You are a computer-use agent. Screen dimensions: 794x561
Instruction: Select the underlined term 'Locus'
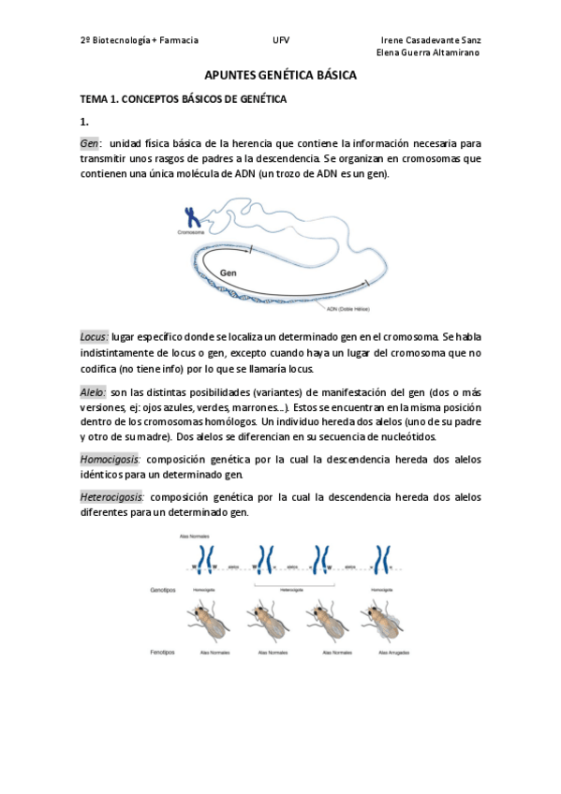click(x=94, y=336)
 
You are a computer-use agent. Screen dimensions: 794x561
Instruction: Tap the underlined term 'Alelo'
click(x=93, y=392)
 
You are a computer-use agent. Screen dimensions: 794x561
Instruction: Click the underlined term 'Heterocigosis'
click(x=112, y=497)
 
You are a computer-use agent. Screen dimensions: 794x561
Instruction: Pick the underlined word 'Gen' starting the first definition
click(x=90, y=143)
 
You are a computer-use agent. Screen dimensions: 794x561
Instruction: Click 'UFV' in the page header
click(x=281, y=40)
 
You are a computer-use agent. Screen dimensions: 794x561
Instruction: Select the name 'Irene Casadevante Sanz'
click(x=431, y=40)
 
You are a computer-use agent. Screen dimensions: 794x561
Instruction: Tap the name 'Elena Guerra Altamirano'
click(x=427, y=52)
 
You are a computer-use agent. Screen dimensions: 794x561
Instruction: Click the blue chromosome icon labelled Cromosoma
click(x=191, y=217)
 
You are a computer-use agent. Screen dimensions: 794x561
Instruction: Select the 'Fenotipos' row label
click(x=163, y=651)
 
